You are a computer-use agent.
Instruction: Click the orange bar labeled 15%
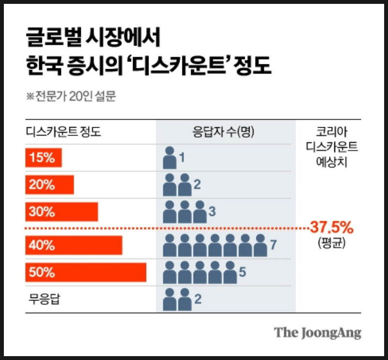tap(44, 158)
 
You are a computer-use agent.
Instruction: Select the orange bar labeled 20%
tap(49, 185)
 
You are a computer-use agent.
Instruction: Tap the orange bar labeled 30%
tap(61, 212)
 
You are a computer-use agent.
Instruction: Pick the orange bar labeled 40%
tap(74, 245)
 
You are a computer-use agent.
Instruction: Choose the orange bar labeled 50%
tap(86, 272)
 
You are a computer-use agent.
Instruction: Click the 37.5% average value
tap(331, 227)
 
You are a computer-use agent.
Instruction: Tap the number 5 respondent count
tap(242, 272)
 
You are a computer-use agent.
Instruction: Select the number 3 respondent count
tap(212, 212)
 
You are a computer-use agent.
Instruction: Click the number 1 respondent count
tap(182, 158)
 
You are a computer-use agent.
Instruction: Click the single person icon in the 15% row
tap(170, 158)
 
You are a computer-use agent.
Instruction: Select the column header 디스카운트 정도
tap(63, 132)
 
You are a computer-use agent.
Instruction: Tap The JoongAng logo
tap(318, 333)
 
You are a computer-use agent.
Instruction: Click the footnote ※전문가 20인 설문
tap(71, 96)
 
